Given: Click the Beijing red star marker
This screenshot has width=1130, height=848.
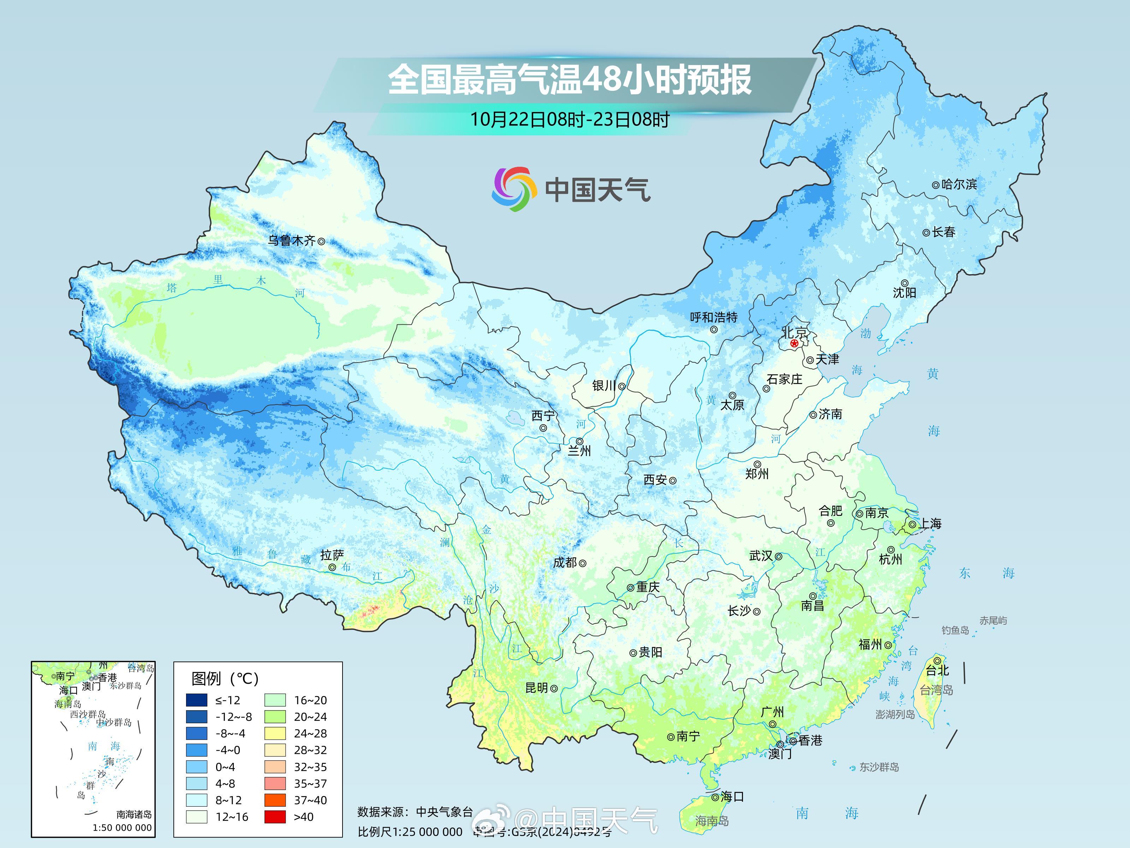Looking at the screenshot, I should (x=794, y=343).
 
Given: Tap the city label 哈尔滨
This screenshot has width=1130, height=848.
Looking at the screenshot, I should (x=959, y=184).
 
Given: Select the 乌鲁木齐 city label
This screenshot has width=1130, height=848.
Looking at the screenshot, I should (x=292, y=240).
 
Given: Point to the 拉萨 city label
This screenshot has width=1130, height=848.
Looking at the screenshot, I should (x=332, y=555).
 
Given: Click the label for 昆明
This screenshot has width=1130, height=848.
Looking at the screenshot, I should (x=536, y=688).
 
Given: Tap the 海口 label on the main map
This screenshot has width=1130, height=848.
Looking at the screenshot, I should (x=732, y=796).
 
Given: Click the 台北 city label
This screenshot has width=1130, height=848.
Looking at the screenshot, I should (x=938, y=670).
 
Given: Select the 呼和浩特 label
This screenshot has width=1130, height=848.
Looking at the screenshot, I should (x=714, y=317).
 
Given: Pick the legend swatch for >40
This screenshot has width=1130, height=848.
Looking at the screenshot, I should (x=275, y=817).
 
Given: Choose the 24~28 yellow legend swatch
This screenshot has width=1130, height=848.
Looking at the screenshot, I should (x=275, y=734).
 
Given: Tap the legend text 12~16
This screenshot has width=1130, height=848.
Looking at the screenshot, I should (x=232, y=817).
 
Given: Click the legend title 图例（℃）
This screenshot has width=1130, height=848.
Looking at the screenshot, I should (x=225, y=678).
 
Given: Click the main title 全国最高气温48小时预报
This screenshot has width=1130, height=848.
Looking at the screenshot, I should (x=569, y=80).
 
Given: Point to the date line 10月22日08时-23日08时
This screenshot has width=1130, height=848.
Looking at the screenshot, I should (x=569, y=120).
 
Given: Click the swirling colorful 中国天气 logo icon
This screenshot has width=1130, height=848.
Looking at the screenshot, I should (x=514, y=189).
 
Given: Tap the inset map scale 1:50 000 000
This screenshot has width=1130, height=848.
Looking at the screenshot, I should (x=122, y=828).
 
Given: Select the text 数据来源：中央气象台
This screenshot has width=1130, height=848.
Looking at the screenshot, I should (x=415, y=812).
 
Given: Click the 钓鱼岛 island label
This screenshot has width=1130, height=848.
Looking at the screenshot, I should (x=955, y=630).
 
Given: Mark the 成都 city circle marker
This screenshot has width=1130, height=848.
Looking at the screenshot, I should (x=582, y=563).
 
